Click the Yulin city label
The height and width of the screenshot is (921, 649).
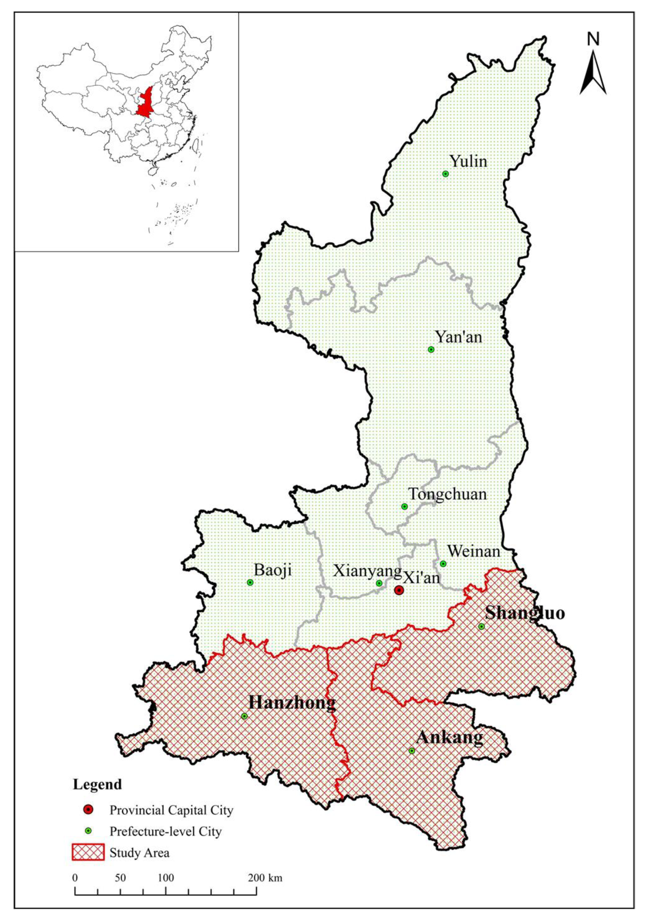click(468, 161)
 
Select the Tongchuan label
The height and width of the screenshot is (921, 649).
click(447, 494)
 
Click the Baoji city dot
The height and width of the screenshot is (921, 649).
click(250, 582)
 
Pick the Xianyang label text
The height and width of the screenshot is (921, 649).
click(367, 571)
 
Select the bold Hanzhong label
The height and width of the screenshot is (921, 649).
click(292, 703)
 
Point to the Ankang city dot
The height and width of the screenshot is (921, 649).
click(412, 751)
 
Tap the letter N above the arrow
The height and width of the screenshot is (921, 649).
click(593, 39)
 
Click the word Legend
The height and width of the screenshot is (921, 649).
click(97, 784)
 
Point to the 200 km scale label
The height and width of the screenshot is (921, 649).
click(265, 878)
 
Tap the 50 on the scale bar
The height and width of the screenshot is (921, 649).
click(120, 878)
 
